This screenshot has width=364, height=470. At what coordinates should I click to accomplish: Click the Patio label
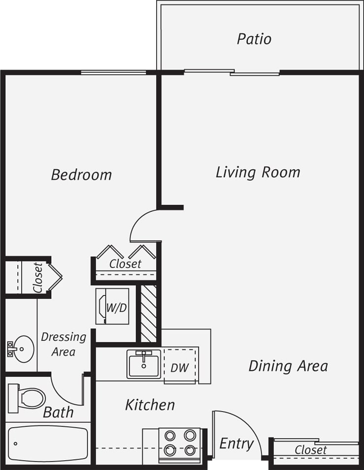[x=254, y=39]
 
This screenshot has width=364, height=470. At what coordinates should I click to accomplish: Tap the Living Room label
[x=258, y=172]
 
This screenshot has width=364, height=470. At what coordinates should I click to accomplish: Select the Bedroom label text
[x=81, y=175]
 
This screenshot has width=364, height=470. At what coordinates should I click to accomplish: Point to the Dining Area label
[x=288, y=366]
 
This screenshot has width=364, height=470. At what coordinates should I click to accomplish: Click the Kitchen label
[x=150, y=405]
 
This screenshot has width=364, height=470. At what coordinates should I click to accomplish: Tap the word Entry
[x=236, y=443]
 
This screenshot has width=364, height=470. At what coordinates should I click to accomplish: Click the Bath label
[x=58, y=412]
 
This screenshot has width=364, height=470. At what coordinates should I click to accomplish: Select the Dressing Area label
[x=63, y=344]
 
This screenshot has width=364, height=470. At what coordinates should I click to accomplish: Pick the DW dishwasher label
[x=179, y=367]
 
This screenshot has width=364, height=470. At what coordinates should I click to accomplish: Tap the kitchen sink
[x=143, y=364]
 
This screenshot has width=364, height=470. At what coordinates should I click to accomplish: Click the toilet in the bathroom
[x=28, y=397]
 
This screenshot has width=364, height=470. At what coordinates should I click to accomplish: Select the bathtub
[x=48, y=443]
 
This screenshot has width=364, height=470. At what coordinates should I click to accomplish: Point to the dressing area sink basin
[x=22, y=349]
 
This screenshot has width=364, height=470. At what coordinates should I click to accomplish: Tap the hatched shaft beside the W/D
[x=148, y=313]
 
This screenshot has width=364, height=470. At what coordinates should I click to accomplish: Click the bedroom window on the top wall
[x=113, y=73]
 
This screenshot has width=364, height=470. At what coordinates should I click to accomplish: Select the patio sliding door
[x=232, y=73]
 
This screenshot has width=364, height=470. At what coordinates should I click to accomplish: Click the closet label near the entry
[x=310, y=450]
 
